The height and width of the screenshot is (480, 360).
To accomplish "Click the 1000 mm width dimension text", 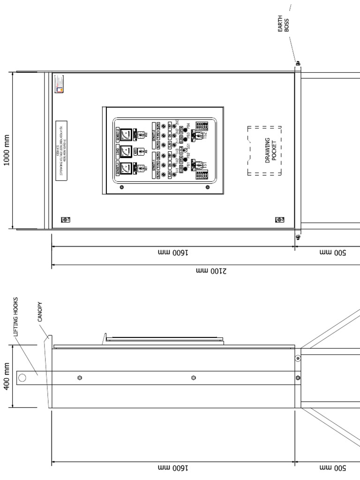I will (x=6, y=150).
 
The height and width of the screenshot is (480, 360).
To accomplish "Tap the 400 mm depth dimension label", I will (x=6, y=377).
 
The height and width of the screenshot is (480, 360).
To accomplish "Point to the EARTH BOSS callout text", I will (x=283, y=24).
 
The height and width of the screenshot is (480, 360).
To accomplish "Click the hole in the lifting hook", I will (x=22, y=377).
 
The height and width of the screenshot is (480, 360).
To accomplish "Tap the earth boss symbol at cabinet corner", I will (x=298, y=63).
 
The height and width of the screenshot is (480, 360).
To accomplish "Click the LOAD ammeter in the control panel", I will (x=126, y=151).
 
